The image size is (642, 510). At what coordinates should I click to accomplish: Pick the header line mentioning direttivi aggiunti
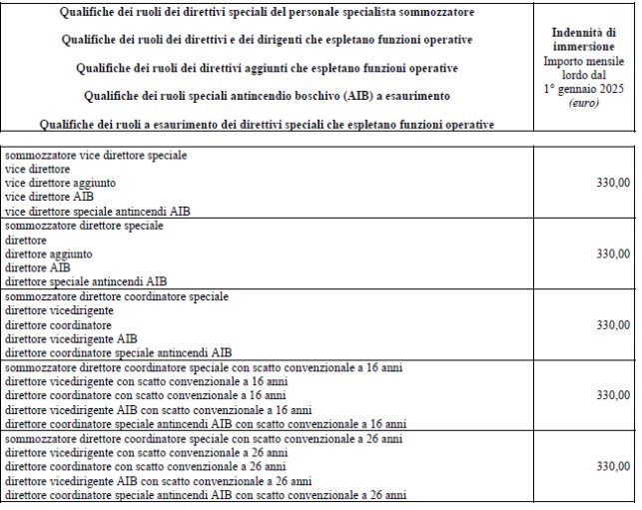coord(268,68)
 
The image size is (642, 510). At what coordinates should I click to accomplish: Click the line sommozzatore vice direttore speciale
coord(96,157)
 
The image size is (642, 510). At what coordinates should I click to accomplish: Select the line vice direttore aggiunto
coord(61,184)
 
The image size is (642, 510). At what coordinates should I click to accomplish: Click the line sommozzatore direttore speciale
coord(85,226)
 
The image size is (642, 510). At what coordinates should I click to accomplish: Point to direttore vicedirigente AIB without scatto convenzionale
coord(71,338)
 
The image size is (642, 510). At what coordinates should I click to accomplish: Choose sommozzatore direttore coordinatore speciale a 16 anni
coord(204,367)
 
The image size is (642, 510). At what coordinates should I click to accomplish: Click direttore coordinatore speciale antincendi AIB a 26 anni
coord(206,494)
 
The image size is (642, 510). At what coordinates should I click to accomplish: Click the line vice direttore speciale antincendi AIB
coord(97,212)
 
